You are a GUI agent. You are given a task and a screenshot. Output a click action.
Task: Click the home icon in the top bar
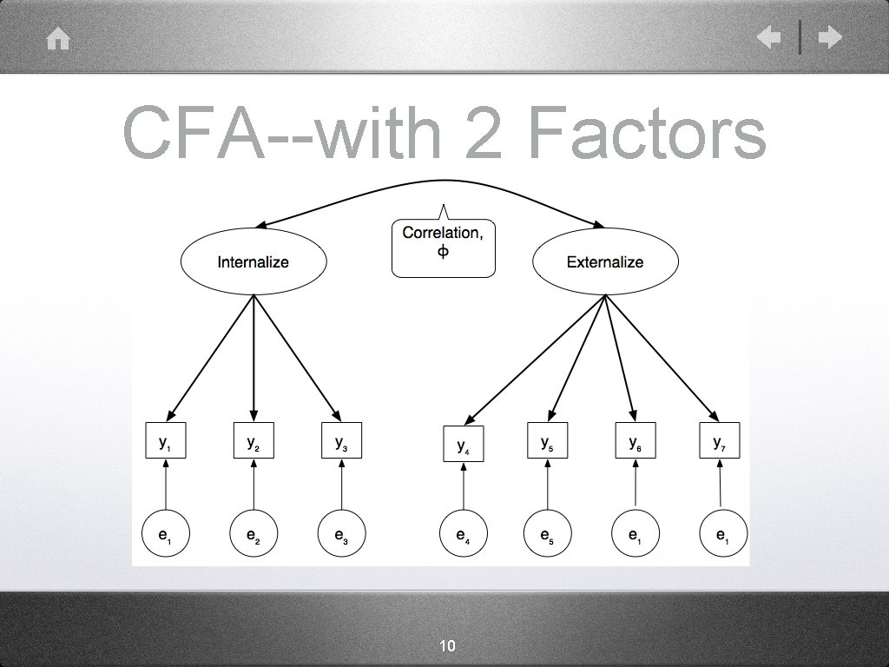tap(58, 40)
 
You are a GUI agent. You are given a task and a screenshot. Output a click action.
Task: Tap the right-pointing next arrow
tap(831, 37)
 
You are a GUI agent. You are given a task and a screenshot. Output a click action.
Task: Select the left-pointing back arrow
tap(768, 37)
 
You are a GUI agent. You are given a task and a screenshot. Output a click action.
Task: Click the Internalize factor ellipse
tap(253, 261)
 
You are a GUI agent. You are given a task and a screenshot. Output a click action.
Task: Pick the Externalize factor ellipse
tap(604, 261)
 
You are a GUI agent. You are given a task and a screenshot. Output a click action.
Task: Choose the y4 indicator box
tap(464, 446)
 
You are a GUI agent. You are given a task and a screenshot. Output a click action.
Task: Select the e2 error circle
tap(253, 536)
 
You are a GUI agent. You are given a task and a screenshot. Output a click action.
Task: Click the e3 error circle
tap(341, 536)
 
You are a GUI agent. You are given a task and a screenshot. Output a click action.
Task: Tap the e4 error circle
tap(464, 536)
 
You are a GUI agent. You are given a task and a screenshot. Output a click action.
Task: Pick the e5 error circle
tap(547, 536)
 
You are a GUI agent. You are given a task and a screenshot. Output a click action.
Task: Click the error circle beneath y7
tap(722, 536)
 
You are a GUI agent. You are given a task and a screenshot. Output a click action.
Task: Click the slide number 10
tap(448, 645)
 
